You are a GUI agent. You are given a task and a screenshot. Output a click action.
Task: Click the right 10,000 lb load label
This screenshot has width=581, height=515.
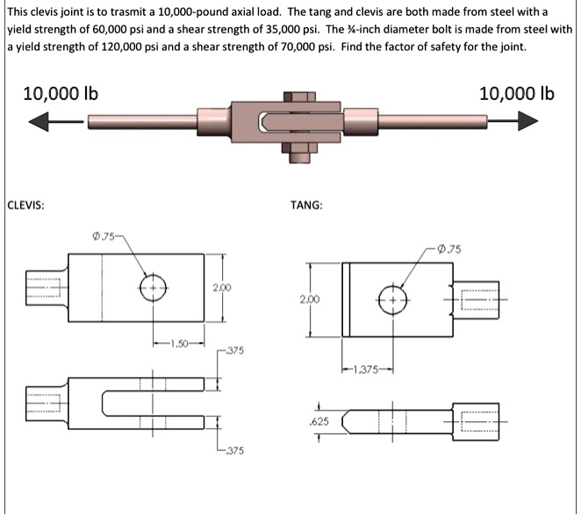coord(517,93)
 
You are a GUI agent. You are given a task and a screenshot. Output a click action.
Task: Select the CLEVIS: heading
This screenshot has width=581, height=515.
coord(27,206)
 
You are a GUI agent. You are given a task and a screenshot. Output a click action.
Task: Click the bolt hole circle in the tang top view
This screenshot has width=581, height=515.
coord(393,297)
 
